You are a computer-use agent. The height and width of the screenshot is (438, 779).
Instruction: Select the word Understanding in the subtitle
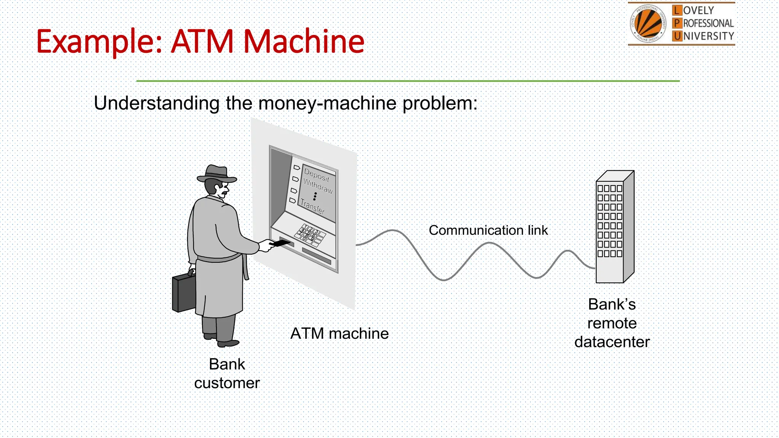tap(156, 103)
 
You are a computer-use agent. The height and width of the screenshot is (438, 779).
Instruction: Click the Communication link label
tap(488, 230)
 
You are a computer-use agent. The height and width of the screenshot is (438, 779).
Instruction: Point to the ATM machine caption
tap(339, 333)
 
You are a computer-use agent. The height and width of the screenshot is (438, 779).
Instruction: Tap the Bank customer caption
tap(227, 373)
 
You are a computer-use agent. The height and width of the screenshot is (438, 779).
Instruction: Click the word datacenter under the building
tap(612, 342)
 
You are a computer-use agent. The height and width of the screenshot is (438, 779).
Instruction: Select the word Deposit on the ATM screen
tap(316, 175)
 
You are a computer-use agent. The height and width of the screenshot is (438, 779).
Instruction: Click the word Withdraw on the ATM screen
tap(318, 186)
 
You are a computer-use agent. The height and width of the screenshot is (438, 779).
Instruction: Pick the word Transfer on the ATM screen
tap(312, 206)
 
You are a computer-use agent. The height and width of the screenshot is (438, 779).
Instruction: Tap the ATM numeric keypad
tap(311, 235)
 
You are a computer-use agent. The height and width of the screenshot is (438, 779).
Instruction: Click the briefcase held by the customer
tap(184, 292)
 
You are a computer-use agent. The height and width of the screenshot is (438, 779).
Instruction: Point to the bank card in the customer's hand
tap(280, 243)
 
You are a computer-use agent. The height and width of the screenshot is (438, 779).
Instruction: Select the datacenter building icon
tap(614, 227)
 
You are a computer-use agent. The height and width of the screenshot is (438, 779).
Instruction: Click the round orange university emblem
tap(649, 24)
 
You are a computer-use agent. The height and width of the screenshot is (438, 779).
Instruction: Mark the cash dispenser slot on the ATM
tap(316, 256)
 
